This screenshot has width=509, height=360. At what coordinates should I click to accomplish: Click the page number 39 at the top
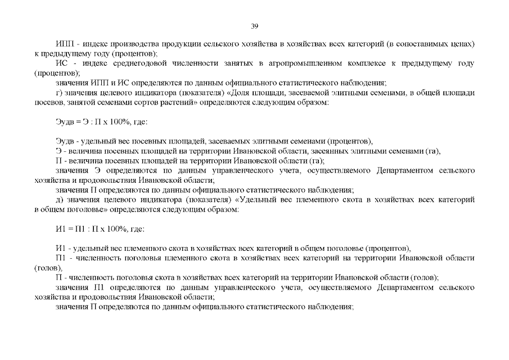(254, 26)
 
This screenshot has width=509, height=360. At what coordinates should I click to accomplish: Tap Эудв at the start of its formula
(65, 121)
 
